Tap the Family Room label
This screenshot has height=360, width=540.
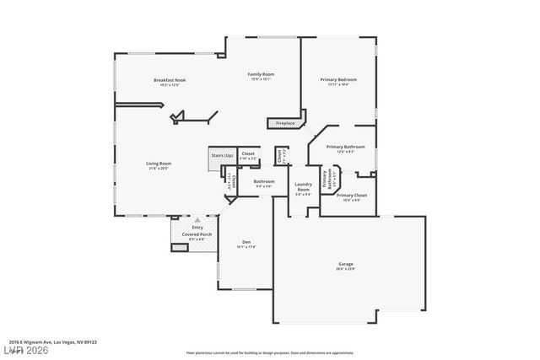coord(260,74)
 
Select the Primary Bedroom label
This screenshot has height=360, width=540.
coord(334,80)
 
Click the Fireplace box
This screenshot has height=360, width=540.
coord(285,123)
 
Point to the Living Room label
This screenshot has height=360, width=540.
coord(159,164)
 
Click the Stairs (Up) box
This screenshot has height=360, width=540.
coord(222,155)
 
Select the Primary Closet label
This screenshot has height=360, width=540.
coord(351,196)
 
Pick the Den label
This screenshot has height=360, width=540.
coord(246,242)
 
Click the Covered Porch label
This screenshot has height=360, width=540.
coord(197,234)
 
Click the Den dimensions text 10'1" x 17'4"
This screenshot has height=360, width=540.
coord(246,247)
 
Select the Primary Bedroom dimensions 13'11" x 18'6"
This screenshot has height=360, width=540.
coord(334,85)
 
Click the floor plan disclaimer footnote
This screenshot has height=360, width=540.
coord(282,352)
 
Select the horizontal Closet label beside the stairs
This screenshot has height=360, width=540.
coord(248,153)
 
